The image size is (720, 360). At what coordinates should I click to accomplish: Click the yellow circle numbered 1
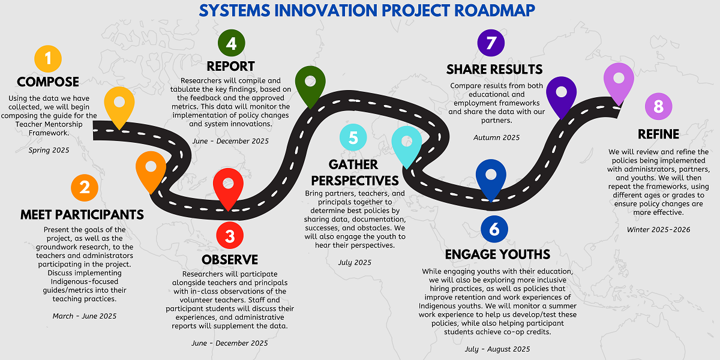click(x=48, y=59)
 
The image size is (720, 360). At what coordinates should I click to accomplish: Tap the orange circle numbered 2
click(x=85, y=188)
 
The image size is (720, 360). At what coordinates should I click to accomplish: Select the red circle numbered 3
click(x=230, y=235)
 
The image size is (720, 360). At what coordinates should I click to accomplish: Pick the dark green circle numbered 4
click(x=232, y=43)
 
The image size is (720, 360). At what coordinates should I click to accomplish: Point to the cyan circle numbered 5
click(x=353, y=137)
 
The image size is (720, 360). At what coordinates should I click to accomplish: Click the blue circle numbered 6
click(x=494, y=229)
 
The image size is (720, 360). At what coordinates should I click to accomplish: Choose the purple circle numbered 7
click(x=491, y=43)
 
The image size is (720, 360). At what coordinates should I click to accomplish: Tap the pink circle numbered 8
click(x=659, y=106)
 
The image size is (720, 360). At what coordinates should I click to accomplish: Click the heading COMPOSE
click(x=48, y=82)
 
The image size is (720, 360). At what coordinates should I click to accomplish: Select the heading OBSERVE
click(x=230, y=260)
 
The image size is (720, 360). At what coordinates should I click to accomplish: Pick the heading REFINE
click(x=659, y=134)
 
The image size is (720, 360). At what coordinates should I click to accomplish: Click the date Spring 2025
click(x=49, y=150)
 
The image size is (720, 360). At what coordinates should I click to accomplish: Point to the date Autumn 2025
click(x=497, y=137)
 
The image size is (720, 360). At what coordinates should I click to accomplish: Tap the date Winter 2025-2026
click(x=659, y=229)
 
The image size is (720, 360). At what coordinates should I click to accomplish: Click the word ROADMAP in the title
click(x=494, y=11)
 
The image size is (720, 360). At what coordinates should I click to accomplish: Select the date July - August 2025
click(x=497, y=349)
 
